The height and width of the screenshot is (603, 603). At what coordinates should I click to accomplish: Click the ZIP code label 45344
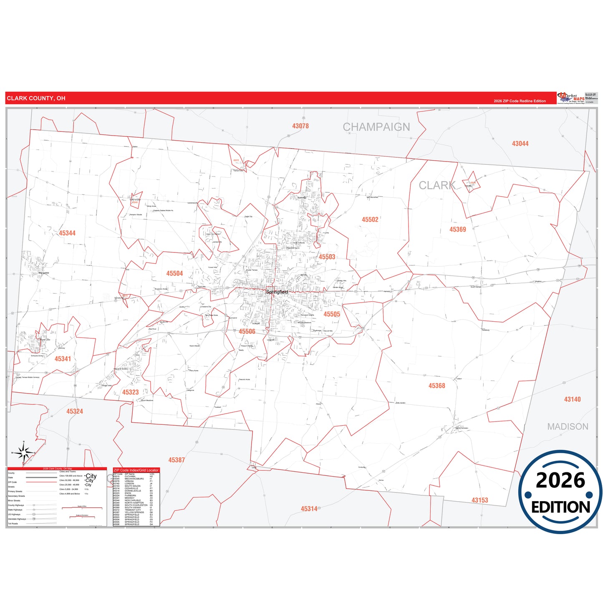tap(67, 233)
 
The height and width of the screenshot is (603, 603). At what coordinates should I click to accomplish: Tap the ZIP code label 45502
tap(370, 220)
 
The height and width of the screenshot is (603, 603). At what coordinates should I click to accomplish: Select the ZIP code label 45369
tap(457, 230)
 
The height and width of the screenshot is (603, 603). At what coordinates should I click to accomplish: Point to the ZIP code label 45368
tap(436, 386)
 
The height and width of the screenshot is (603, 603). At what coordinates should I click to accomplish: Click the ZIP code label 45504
tap(174, 274)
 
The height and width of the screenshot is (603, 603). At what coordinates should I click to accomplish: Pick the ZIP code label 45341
tap(63, 359)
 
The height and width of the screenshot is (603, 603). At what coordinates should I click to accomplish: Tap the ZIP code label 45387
tap(177, 460)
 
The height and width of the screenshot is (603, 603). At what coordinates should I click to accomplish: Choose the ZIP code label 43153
tap(479, 500)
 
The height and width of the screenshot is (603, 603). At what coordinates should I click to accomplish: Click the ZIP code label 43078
tap(300, 126)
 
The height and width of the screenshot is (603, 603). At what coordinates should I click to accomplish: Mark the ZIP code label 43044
tap(520, 144)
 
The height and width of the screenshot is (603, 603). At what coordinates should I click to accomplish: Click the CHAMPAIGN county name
tap(376, 127)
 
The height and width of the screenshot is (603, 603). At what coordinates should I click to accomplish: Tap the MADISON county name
tap(568, 426)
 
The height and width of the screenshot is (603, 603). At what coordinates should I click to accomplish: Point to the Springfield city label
tap(277, 292)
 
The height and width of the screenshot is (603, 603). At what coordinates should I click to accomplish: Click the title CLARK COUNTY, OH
tap(36, 98)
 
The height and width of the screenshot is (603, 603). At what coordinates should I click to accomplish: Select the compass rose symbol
tap(24, 452)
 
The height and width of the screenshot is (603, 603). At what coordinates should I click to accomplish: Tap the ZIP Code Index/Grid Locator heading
tap(136, 470)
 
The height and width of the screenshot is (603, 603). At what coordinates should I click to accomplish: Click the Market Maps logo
tap(570, 98)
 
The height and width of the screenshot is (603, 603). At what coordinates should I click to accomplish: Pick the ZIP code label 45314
tap(309, 509)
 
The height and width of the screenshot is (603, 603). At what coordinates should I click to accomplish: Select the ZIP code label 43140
tap(572, 399)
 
